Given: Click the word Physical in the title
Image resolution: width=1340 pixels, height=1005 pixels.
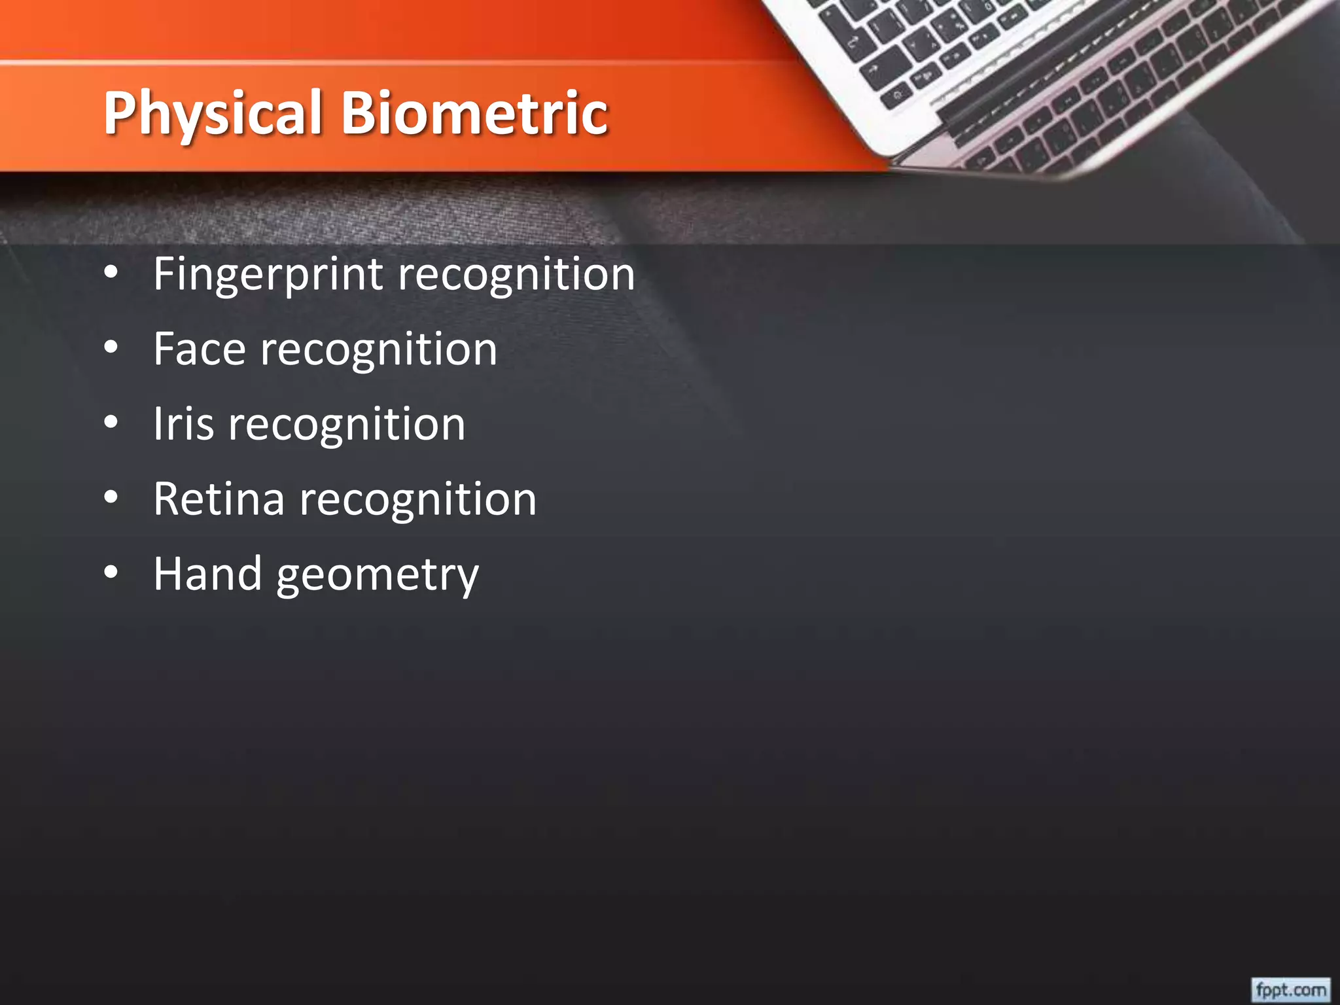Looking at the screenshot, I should click(213, 115).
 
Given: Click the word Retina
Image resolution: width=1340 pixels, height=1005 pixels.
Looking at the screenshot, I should click(219, 499).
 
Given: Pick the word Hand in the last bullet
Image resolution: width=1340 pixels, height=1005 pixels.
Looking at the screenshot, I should click(207, 574).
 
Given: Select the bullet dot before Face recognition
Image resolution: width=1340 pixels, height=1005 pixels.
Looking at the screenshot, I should click(111, 347).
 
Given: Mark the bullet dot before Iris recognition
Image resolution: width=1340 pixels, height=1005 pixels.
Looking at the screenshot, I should click(111, 423).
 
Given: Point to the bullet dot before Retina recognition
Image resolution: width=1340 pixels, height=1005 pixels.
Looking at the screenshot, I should click(111, 498).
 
